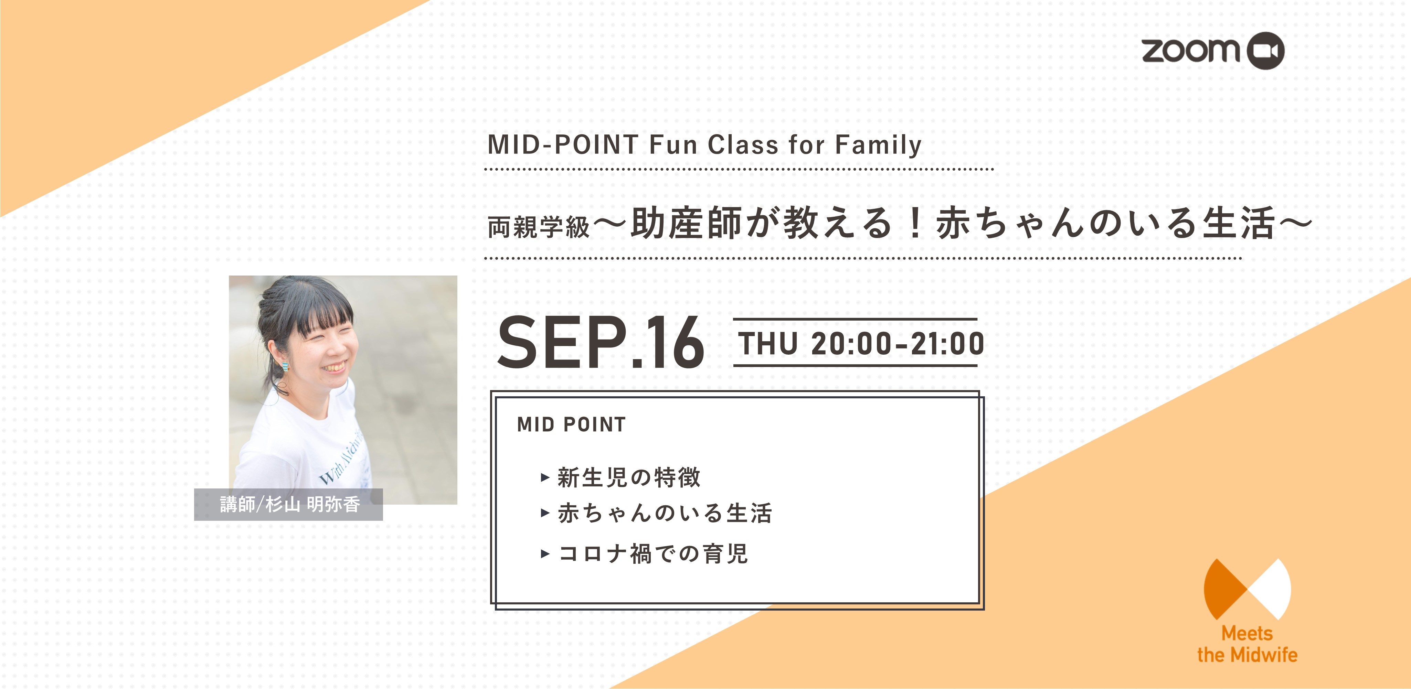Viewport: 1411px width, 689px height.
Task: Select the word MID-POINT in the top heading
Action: point(563,144)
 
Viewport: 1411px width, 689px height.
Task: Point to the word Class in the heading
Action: point(743,144)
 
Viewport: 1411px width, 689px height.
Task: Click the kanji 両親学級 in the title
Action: point(539,227)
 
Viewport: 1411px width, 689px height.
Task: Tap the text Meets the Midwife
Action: point(1247,644)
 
